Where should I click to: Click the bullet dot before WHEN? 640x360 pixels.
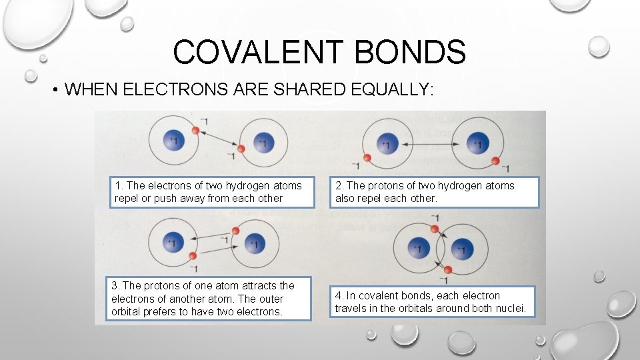(55, 91)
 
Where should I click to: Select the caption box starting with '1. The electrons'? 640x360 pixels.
(212, 192)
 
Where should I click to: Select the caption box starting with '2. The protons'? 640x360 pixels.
(434, 192)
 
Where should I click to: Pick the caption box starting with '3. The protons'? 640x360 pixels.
(210, 299)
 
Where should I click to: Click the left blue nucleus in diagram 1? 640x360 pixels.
(173, 141)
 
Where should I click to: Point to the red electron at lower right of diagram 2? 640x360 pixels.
(494, 161)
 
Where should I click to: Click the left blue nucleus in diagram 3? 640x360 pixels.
(171, 243)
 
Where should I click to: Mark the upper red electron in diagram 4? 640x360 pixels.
(434, 229)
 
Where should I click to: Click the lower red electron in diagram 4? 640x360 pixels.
(449, 269)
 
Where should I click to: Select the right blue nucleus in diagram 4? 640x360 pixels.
(461, 250)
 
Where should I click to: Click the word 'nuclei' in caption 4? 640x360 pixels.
(510, 308)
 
